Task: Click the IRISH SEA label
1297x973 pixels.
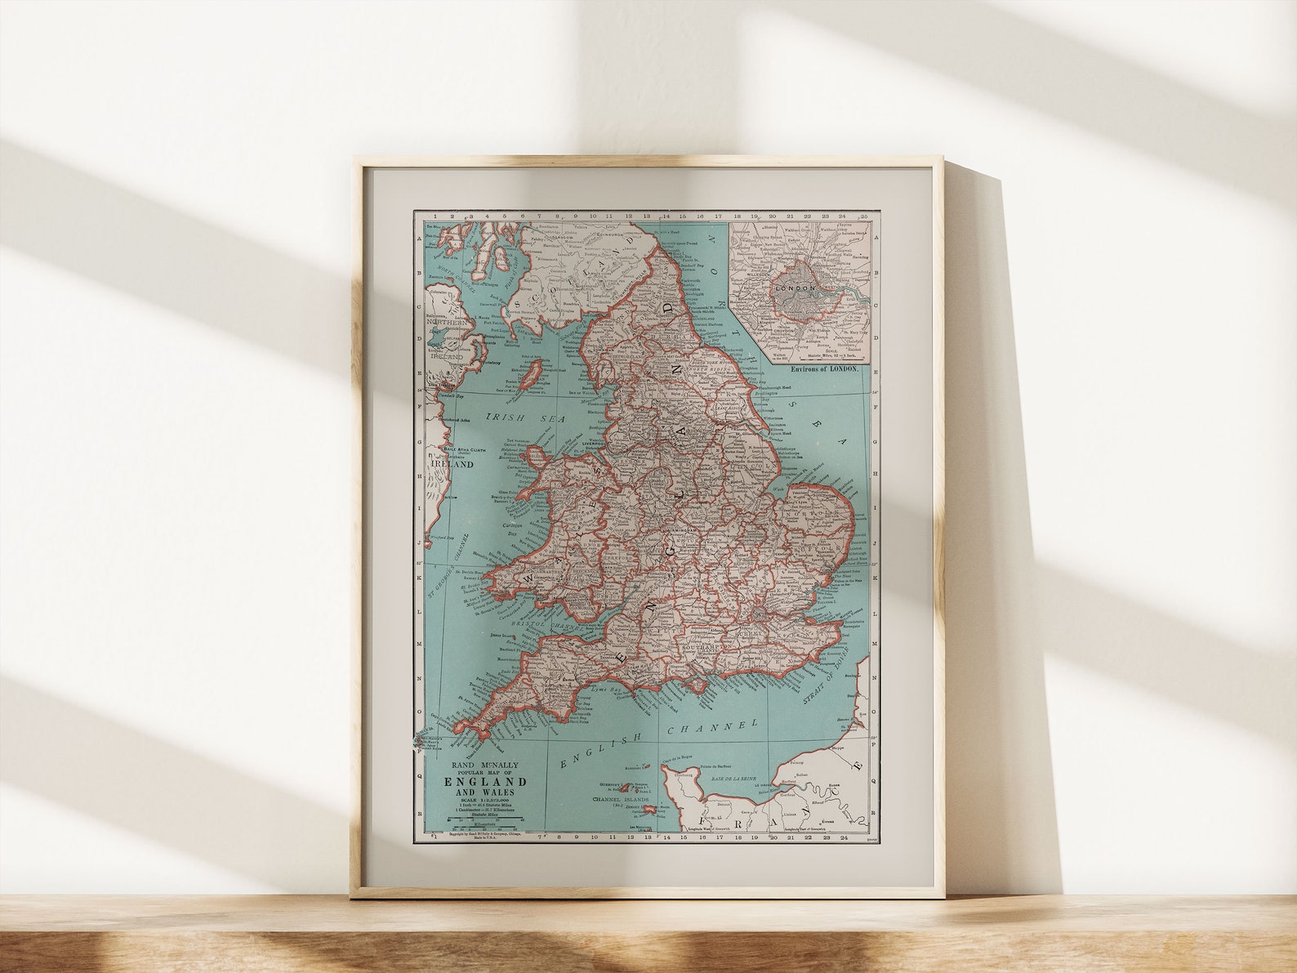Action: tap(516, 417)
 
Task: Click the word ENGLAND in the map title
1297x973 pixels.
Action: tap(485, 781)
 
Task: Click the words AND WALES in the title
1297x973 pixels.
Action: tap(485, 792)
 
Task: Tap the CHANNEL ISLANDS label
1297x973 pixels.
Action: tap(621, 799)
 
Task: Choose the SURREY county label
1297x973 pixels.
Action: tap(747, 632)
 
